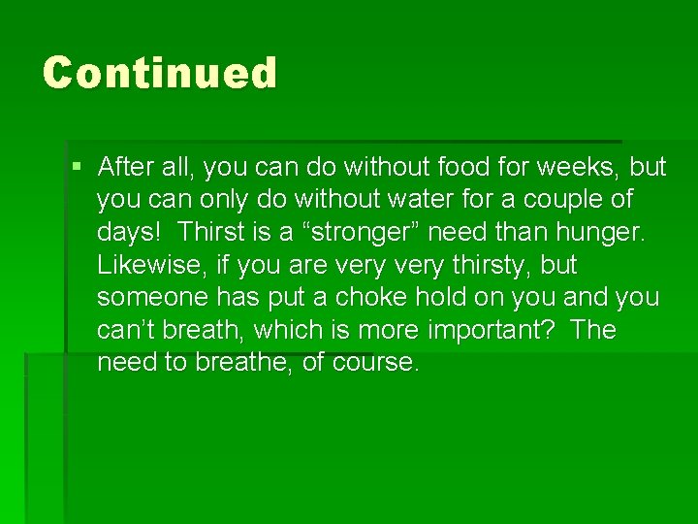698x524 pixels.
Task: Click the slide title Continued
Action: [x=160, y=73]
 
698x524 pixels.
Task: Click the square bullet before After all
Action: [x=78, y=167]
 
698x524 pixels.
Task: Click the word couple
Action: [x=562, y=200]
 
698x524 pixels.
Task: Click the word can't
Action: [x=126, y=330]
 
